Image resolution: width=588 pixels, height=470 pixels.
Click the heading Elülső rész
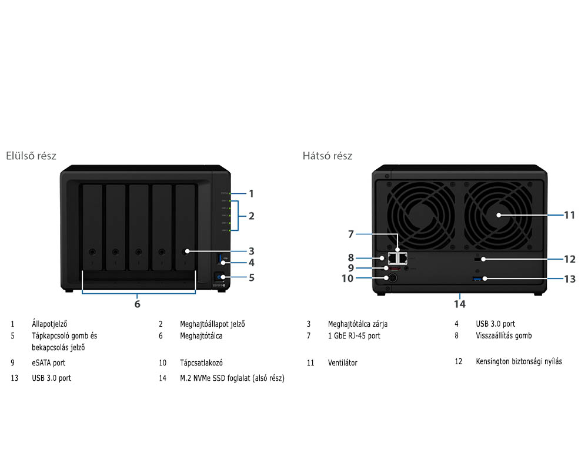31,156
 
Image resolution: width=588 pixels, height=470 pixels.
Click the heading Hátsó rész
328,156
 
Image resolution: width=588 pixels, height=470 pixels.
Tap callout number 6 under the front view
137,304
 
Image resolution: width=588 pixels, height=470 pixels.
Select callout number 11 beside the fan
569,215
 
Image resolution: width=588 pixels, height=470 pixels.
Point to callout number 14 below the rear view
459,304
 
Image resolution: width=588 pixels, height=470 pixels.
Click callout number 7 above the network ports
351,234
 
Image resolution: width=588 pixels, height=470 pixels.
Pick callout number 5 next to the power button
251,277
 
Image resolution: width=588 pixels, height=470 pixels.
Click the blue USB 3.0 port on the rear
476,277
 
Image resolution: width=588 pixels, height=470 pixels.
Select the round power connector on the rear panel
387,278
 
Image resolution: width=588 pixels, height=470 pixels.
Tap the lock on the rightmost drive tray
186,252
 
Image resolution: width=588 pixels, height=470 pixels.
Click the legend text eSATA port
49,363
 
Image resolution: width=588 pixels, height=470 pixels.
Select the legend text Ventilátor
342,363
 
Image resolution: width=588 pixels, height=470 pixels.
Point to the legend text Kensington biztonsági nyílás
519,361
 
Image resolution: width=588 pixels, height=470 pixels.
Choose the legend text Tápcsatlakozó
201,363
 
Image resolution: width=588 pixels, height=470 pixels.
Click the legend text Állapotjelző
50,324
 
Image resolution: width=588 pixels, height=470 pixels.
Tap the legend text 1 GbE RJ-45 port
354,336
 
